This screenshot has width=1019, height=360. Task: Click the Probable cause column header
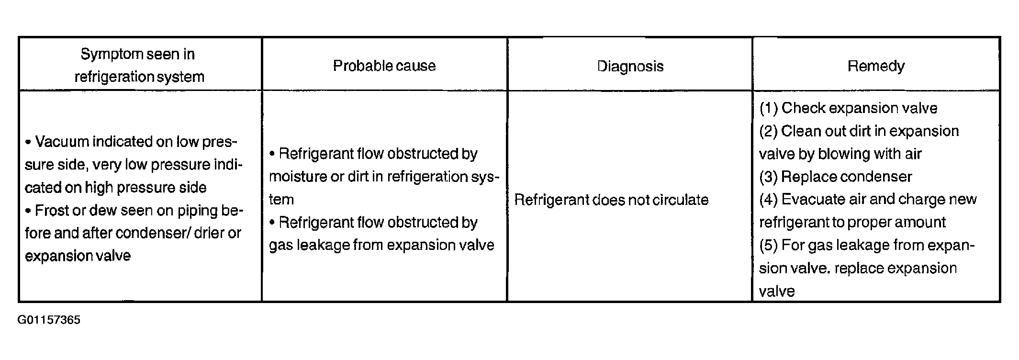pyautogui.click(x=384, y=66)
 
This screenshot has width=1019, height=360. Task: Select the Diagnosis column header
pyautogui.click(x=630, y=66)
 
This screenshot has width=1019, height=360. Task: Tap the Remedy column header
pyautogui.click(x=876, y=66)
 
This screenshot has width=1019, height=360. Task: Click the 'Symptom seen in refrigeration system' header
pyautogui.click(x=139, y=65)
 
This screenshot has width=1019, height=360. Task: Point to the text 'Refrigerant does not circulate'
pyautogui.click(x=611, y=200)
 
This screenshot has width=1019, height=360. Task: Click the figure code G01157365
pyautogui.click(x=49, y=320)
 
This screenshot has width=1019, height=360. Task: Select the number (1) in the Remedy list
pyautogui.click(x=769, y=108)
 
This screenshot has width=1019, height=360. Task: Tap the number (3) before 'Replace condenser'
pyautogui.click(x=769, y=177)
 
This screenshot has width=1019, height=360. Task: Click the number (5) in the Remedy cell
pyautogui.click(x=769, y=246)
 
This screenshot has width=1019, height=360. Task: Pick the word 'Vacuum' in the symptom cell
pyautogui.click(x=62, y=142)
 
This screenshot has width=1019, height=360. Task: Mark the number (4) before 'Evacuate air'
pyautogui.click(x=769, y=200)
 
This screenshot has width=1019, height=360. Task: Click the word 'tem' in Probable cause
pyautogui.click(x=281, y=200)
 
